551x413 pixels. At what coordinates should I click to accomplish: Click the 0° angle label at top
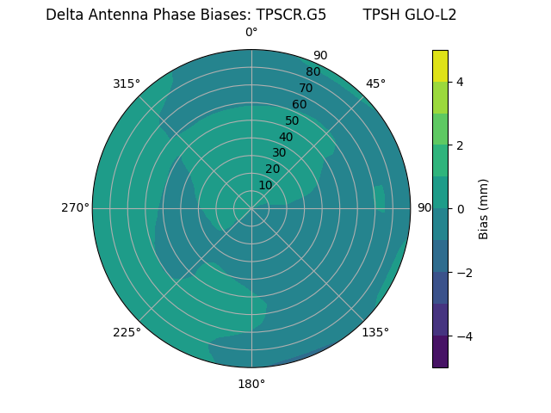click(x=251, y=33)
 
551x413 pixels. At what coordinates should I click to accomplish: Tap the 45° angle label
click(x=375, y=83)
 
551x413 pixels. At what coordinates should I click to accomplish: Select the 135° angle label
click(x=375, y=332)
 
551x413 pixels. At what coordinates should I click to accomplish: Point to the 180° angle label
click(x=251, y=384)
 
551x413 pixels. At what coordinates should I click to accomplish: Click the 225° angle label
click(x=127, y=332)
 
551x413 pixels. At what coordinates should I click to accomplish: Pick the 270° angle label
click(x=75, y=207)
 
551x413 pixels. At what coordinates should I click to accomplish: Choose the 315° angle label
click(x=127, y=83)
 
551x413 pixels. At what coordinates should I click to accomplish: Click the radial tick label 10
click(x=265, y=185)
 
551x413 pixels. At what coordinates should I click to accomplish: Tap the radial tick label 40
click(x=286, y=137)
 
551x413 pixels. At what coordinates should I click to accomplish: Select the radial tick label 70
click(x=306, y=88)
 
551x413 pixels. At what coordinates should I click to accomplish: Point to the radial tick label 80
click(x=313, y=71)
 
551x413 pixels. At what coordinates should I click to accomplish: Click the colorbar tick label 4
click(x=460, y=82)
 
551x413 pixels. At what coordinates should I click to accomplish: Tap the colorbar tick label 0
click(x=460, y=208)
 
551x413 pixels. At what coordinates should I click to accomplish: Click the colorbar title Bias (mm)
click(x=484, y=208)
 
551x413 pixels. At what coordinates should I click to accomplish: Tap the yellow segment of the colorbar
click(x=440, y=65)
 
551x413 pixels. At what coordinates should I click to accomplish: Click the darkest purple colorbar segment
click(x=440, y=351)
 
